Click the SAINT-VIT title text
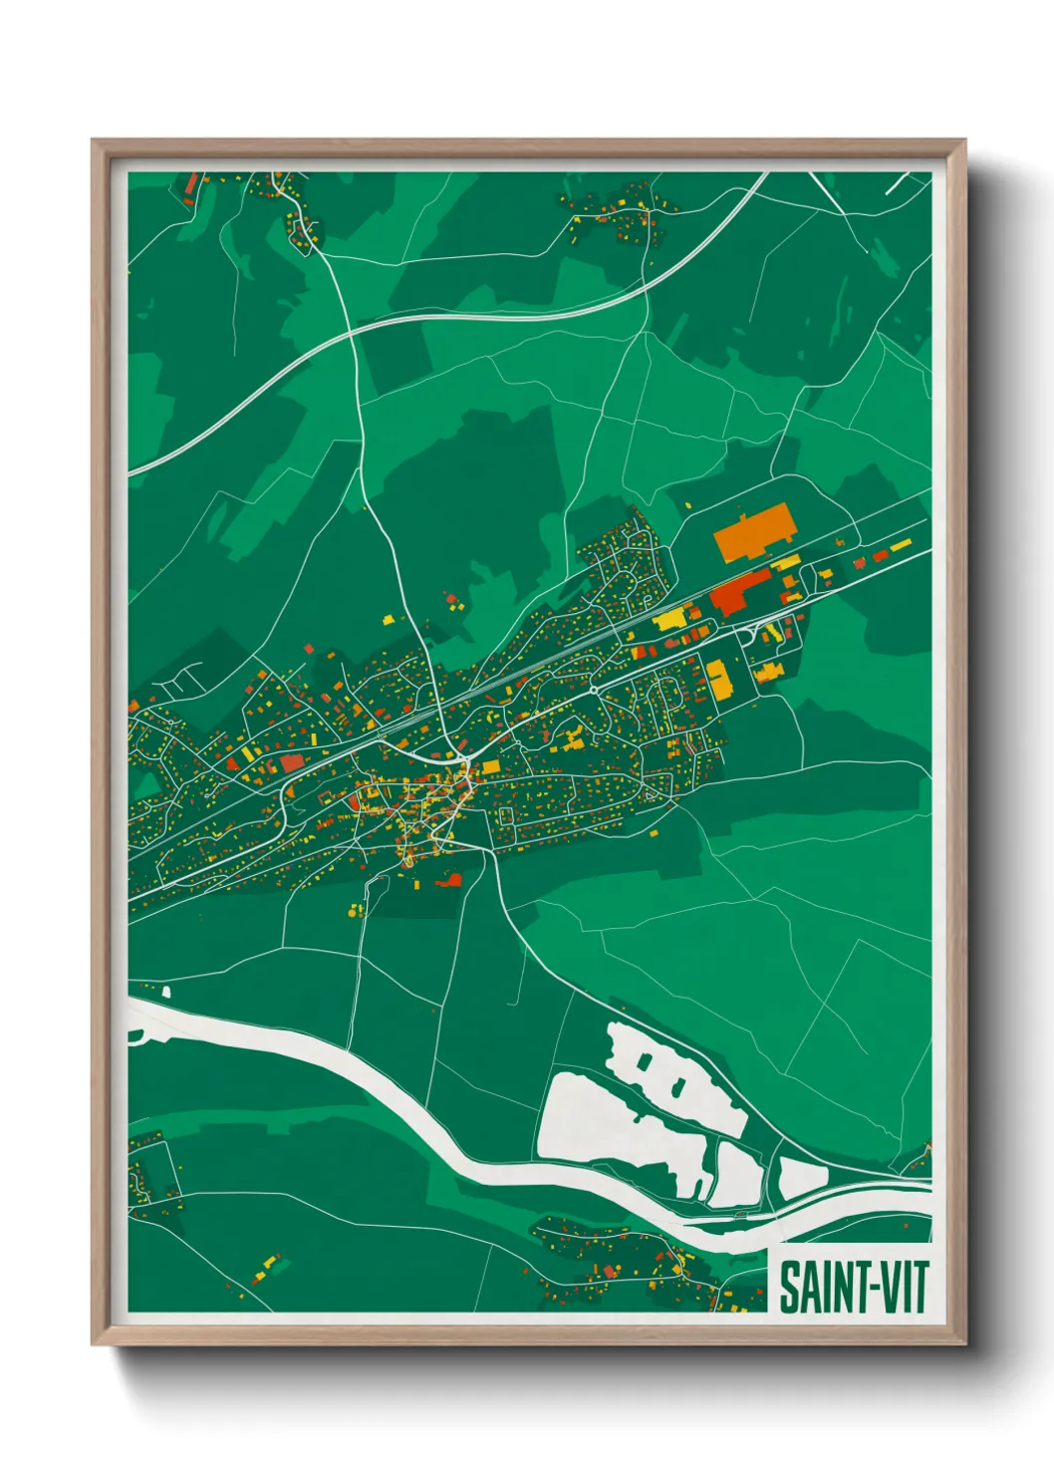point(853,1286)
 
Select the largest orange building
point(755,531)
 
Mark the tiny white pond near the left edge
point(165,992)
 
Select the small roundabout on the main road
point(594,689)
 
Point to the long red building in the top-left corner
point(191,183)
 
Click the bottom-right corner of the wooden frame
point(963,1342)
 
